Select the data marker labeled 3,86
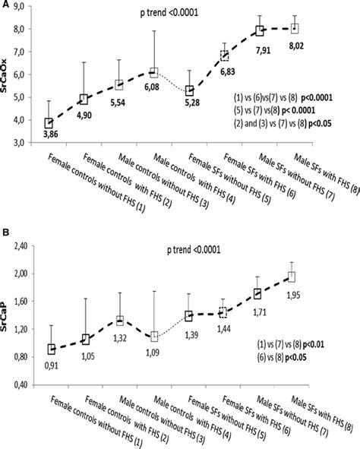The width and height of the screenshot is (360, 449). click(x=49, y=123)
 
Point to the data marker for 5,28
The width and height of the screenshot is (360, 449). click(x=189, y=91)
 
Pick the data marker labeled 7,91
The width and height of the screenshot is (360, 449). click(x=260, y=31)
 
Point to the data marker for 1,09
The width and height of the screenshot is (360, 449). click(x=154, y=336)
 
